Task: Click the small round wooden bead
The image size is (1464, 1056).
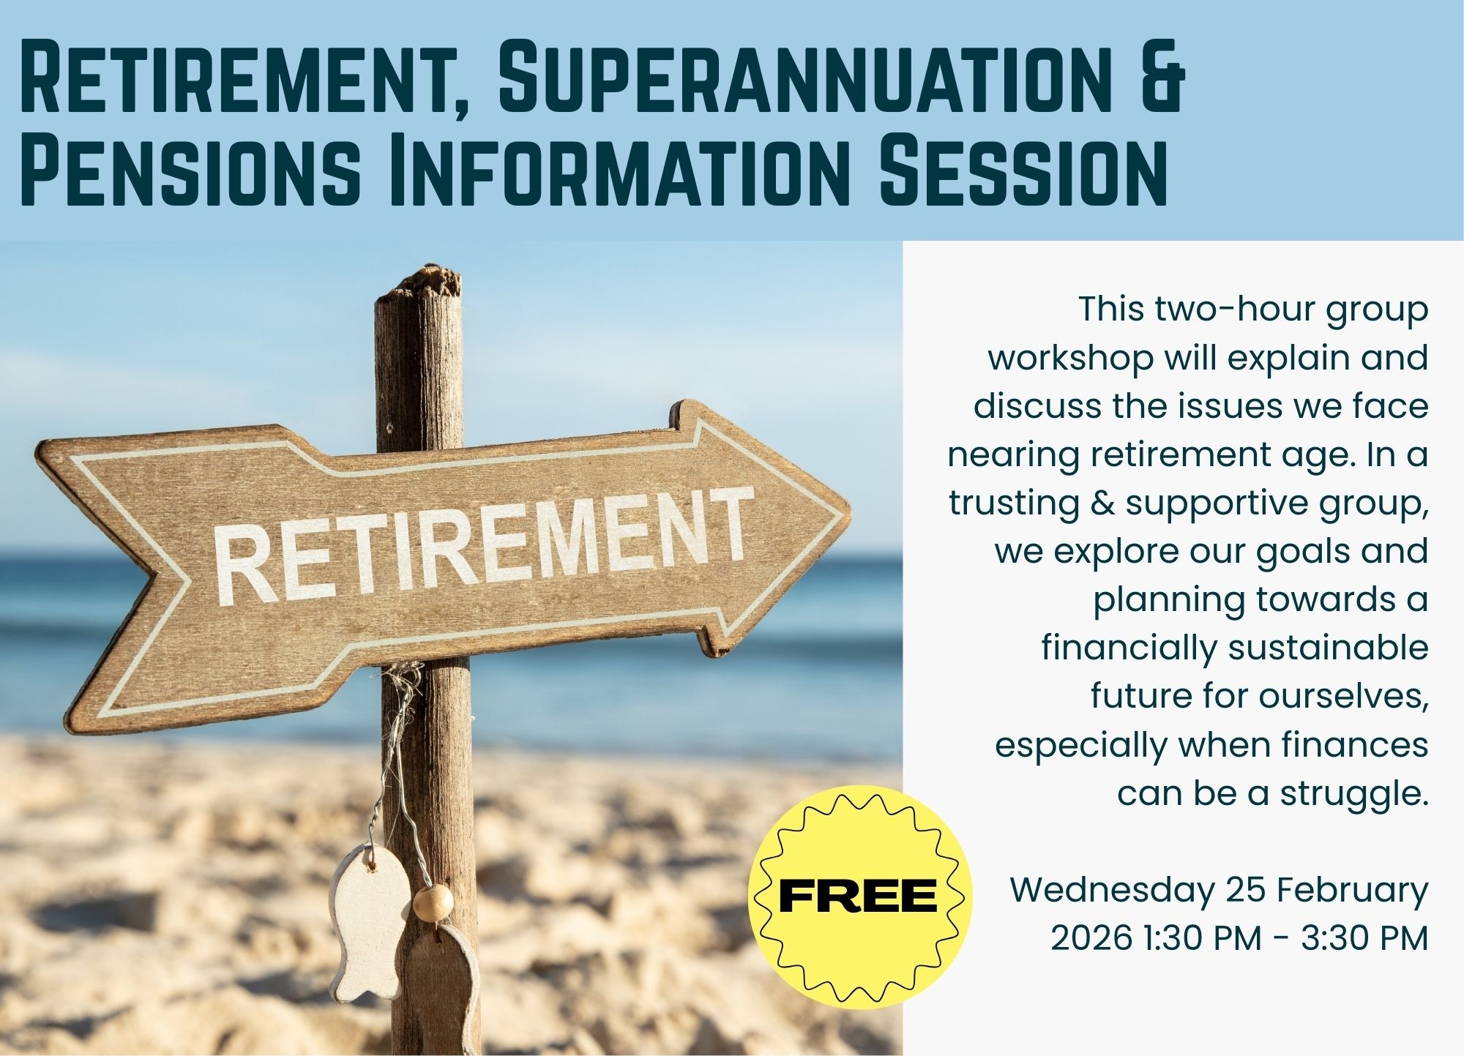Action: tap(432, 902)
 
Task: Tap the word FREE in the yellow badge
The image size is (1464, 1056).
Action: tap(858, 896)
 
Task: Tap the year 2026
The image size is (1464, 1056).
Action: tap(1091, 938)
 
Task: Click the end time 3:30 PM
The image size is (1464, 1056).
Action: tap(1364, 938)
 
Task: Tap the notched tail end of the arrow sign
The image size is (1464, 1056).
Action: tap(151, 578)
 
